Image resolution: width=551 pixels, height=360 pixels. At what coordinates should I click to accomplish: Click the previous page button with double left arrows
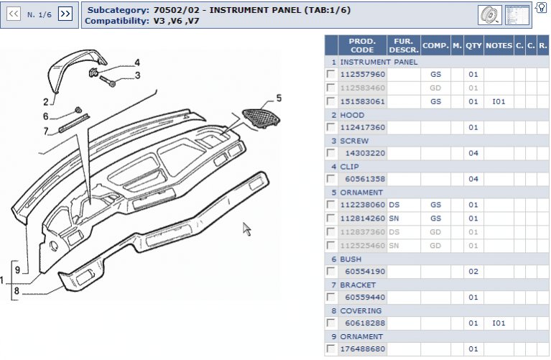click(x=14, y=14)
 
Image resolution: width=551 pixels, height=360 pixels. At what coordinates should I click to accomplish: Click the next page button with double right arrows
click(x=65, y=14)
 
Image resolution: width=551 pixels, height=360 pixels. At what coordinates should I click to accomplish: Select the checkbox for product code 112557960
click(x=330, y=75)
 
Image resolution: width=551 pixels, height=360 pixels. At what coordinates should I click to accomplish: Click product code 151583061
click(x=363, y=101)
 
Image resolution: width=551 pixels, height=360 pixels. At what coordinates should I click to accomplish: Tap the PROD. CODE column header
click(x=362, y=46)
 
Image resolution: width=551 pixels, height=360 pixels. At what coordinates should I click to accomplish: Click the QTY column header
click(x=473, y=46)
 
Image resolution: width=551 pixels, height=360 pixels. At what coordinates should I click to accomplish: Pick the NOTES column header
click(x=499, y=46)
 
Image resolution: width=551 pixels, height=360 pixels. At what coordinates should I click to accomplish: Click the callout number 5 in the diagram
click(x=279, y=98)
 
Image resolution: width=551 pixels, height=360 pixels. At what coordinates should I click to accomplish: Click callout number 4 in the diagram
click(x=137, y=63)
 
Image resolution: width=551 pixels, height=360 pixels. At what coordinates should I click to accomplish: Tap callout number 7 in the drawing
click(x=45, y=131)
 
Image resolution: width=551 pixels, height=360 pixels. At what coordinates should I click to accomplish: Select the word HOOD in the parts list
click(x=352, y=115)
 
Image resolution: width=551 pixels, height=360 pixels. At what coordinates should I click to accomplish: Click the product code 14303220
click(x=365, y=153)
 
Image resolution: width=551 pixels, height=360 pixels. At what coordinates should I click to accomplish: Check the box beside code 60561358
click(x=330, y=179)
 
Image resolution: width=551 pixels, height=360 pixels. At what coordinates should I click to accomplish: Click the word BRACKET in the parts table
click(x=358, y=285)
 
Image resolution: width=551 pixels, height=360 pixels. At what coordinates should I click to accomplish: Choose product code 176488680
click(x=363, y=349)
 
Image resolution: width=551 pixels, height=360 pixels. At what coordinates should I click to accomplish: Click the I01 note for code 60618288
click(x=499, y=323)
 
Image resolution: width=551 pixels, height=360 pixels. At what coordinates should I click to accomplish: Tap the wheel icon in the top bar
click(x=489, y=14)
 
